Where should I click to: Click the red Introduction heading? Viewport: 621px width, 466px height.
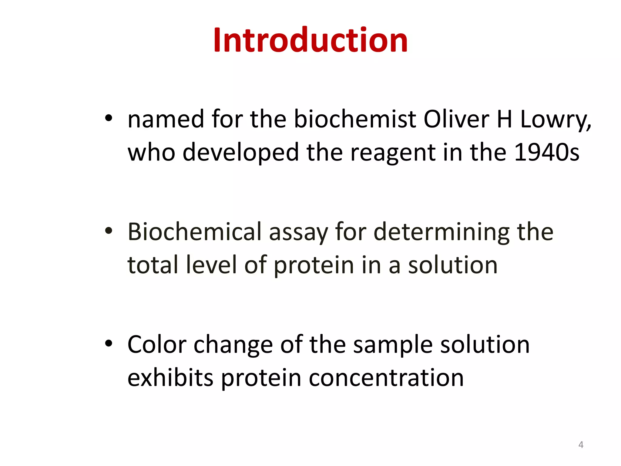click(310, 40)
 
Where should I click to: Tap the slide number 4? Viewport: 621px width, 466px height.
click(581, 445)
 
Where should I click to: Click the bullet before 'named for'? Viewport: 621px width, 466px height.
click(109, 118)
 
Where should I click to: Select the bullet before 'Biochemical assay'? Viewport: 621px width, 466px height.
click(109, 231)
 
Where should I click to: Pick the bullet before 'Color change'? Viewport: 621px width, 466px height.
click(109, 344)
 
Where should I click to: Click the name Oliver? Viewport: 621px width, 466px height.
click(456, 119)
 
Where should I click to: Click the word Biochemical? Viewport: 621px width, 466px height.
click(194, 232)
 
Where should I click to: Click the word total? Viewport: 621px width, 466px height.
click(153, 265)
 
